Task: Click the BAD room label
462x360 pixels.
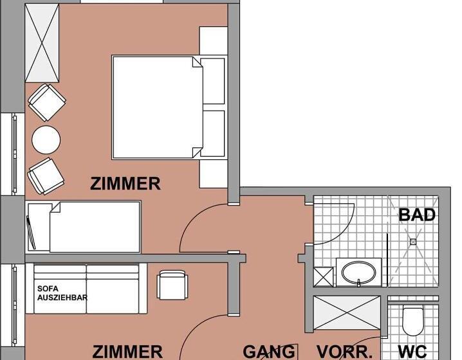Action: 416,215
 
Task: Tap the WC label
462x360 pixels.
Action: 412,352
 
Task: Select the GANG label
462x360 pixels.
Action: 269,352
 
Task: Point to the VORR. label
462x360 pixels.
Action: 344,352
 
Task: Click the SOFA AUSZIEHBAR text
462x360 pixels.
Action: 62,293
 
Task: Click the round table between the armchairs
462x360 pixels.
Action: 46,139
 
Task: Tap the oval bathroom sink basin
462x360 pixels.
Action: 358,273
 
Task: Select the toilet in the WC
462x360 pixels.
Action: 412,321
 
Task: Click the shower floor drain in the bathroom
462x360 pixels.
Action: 413,242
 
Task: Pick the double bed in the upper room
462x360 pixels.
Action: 169,107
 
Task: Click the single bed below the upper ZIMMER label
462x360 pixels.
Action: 84,227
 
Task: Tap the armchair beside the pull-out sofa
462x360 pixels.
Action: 172,285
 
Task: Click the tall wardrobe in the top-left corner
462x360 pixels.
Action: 42,43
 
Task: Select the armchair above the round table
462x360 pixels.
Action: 47,102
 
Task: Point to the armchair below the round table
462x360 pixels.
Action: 46,176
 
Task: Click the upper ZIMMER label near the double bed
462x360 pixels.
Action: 125,183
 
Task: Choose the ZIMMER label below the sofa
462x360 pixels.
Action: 127,352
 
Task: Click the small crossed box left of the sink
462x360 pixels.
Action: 324,276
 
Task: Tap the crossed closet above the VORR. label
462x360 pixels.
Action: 347,312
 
